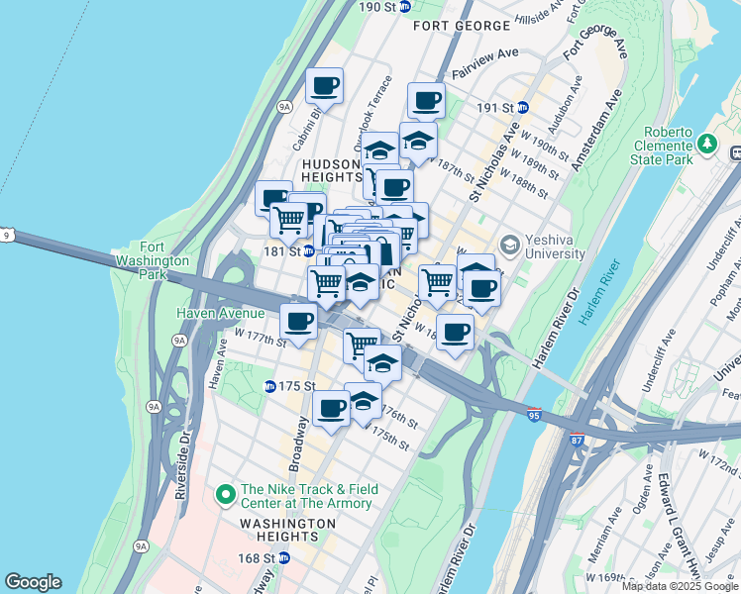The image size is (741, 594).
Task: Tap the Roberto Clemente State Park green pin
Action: pos(707,145)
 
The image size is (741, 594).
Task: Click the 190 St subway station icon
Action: pos(405,7)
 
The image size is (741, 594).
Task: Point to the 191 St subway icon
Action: pos(523,107)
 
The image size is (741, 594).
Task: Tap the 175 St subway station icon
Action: pos(269,386)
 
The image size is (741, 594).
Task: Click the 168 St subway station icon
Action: pos(284,558)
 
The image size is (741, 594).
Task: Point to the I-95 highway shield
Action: pos(534,418)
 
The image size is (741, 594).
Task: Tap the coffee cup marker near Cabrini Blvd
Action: pos(325,86)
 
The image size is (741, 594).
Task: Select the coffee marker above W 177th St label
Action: pos(299,320)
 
